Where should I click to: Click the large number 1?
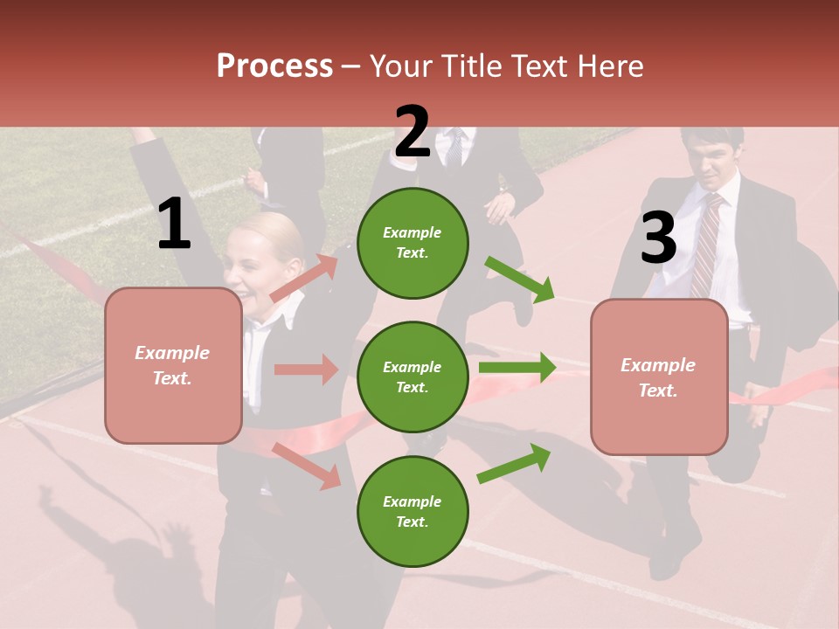(x=174, y=225)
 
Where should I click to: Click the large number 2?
(x=412, y=132)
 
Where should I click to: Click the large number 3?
(x=658, y=238)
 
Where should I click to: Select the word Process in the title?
(x=274, y=66)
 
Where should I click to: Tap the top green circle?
(x=413, y=243)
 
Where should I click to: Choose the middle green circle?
(x=413, y=377)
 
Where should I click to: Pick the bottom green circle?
(x=413, y=511)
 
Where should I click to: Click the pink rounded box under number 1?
(x=173, y=365)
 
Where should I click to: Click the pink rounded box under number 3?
(x=659, y=377)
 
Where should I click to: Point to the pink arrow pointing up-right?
(x=304, y=278)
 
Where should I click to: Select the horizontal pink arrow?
(x=306, y=370)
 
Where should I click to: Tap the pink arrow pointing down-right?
(x=306, y=465)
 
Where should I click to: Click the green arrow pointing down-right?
(x=519, y=279)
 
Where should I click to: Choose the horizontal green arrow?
(x=517, y=368)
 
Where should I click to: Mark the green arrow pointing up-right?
(x=515, y=462)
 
